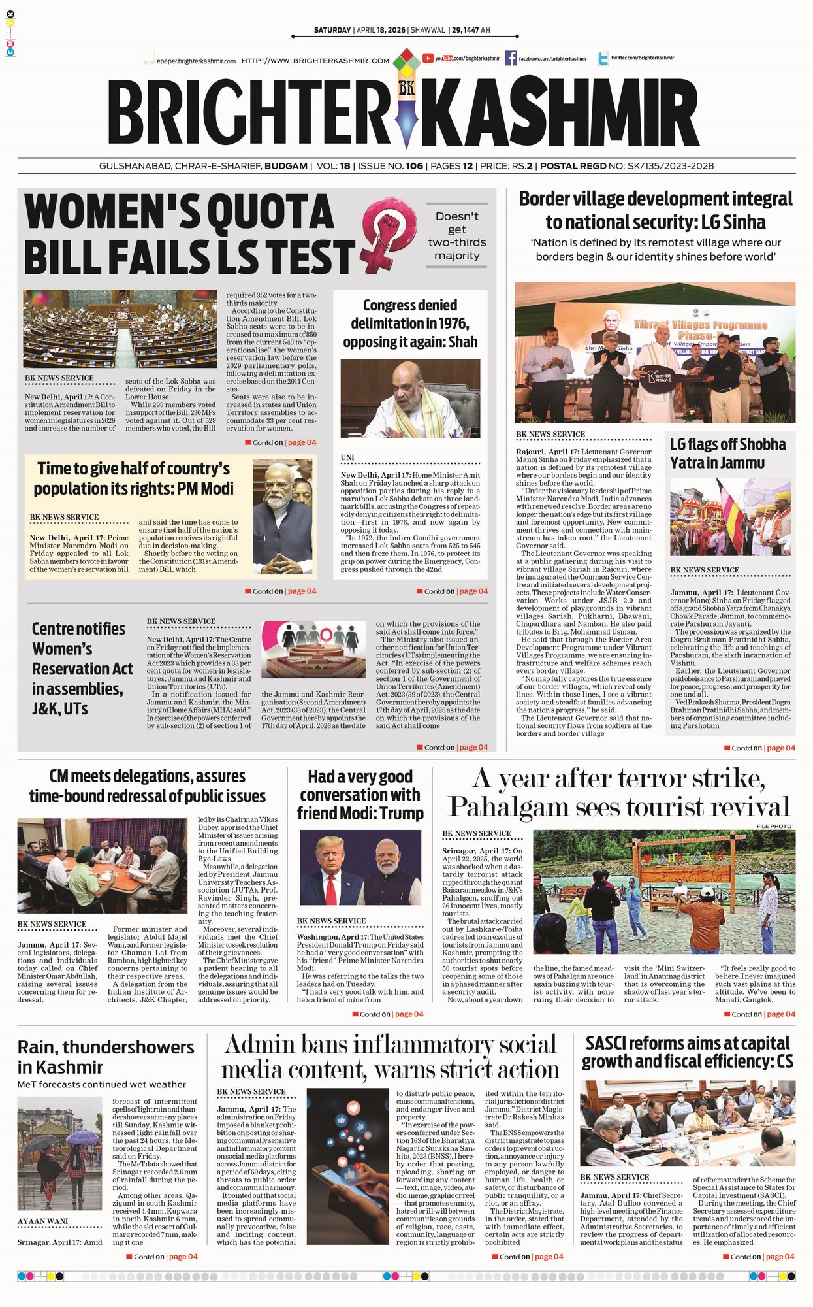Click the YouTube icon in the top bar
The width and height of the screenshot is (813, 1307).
coord(428,58)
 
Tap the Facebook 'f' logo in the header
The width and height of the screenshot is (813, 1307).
coord(511,58)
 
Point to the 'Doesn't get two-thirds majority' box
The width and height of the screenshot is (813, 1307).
coord(457,236)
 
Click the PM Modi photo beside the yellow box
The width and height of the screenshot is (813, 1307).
coord(283,513)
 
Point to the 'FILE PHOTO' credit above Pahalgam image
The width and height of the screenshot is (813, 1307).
coord(774,827)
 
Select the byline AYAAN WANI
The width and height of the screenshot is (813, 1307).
coord(42,1221)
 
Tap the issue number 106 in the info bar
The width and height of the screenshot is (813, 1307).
coord(414,166)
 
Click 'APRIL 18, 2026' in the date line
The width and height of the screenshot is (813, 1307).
coord(381,31)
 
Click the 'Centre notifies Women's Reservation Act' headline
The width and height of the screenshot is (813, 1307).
coord(82,668)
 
